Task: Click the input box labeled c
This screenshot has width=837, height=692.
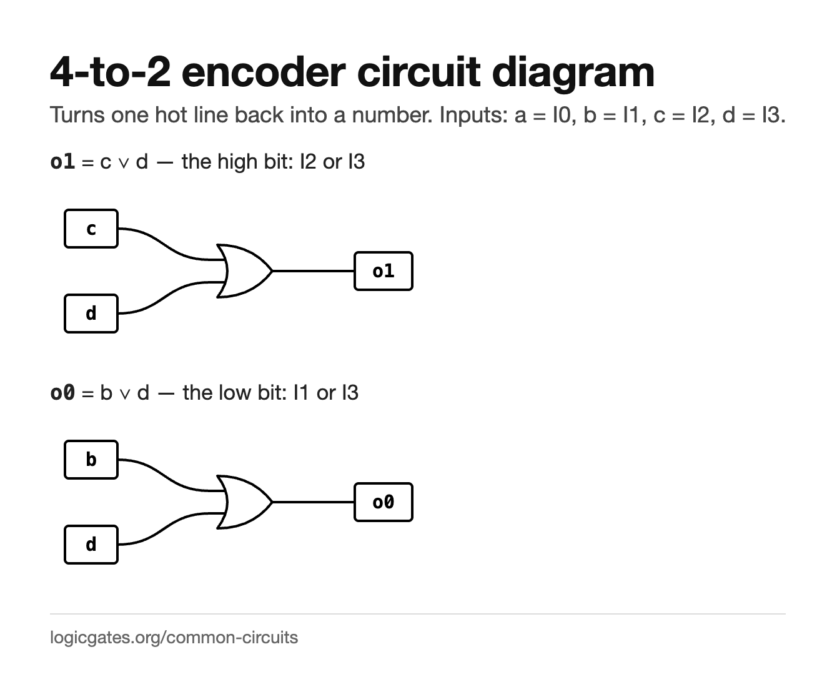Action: [x=91, y=229]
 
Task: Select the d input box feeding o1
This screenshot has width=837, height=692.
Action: [x=91, y=314]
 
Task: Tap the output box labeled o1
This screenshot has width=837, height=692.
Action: [x=384, y=271]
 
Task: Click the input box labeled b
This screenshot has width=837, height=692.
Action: [x=91, y=460]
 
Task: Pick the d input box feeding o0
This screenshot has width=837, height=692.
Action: [x=91, y=545]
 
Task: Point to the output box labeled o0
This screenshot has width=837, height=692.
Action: [x=384, y=502]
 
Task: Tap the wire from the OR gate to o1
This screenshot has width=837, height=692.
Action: [x=313, y=271]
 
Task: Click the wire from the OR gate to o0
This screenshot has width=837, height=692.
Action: [x=313, y=502]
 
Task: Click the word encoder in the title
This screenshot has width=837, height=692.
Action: [x=264, y=72]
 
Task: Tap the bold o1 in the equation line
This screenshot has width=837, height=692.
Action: [x=62, y=162]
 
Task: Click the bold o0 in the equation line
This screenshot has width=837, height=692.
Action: [x=62, y=392]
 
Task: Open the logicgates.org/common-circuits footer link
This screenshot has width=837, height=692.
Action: [x=174, y=638]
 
